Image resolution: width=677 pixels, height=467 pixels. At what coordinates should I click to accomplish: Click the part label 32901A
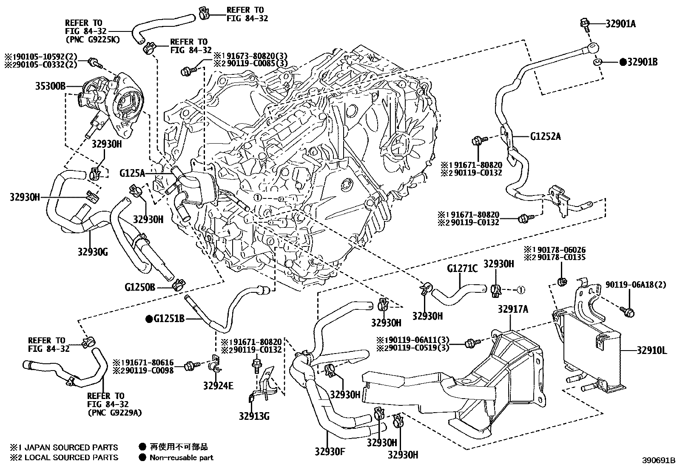click(620, 24)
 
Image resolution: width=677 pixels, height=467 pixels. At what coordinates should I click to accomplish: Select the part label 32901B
click(643, 62)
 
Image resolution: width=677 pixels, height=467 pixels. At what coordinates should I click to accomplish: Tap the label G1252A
click(546, 136)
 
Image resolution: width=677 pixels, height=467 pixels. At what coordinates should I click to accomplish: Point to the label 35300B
click(50, 87)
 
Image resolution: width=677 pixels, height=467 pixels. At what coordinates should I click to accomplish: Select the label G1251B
click(169, 318)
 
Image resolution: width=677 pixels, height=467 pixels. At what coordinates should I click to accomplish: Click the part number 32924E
click(218, 386)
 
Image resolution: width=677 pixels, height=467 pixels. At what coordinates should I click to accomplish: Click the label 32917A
click(513, 309)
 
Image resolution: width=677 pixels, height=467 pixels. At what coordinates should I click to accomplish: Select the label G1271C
click(462, 269)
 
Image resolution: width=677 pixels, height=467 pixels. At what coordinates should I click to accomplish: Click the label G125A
click(132, 173)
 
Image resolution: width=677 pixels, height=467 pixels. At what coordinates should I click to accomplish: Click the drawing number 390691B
click(659, 460)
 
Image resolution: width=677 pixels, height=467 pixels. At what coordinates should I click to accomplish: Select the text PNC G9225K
click(93, 40)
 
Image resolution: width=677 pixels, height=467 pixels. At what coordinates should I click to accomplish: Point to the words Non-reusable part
click(181, 458)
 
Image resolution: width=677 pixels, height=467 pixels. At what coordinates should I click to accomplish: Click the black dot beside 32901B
click(623, 62)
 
